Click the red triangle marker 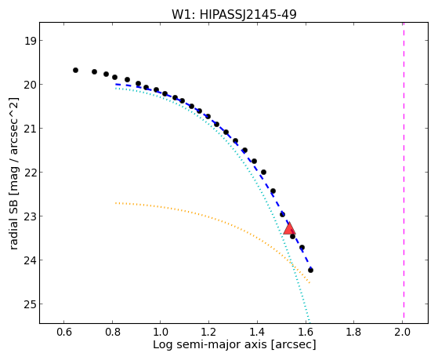click(289, 228)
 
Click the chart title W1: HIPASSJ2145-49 click(233, 14)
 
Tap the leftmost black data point click(75, 71)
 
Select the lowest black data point click(310, 271)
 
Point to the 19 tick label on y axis click(30, 41)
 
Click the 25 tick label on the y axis click(30, 304)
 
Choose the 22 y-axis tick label click(30, 173)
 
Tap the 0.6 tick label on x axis click(64, 332)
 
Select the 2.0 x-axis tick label click(402, 332)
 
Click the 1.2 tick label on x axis click(208, 332)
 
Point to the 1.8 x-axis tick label click(353, 332)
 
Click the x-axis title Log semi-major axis click(210, 345)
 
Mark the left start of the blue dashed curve click(116, 84)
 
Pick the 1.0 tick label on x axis click(161, 332)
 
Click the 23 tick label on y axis click(30, 216)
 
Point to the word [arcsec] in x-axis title click(293, 345)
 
